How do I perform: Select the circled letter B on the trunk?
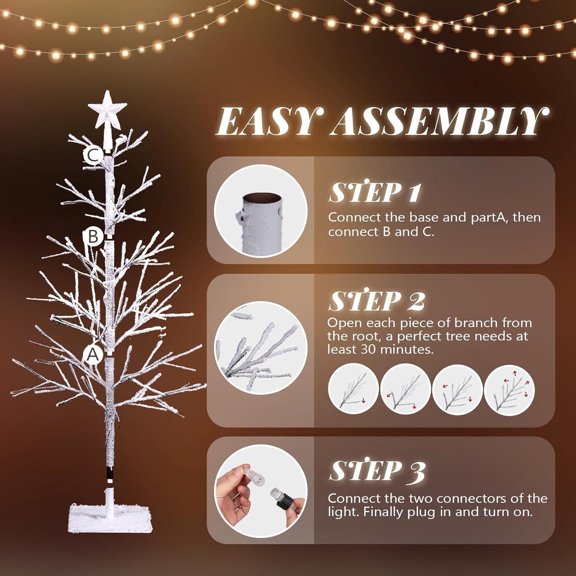[x=93, y=236]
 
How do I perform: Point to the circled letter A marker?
[x=93, y=355]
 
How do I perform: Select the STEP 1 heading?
[x=374, y=192]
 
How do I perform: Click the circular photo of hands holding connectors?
[x=261, y=490]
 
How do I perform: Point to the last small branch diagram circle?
[x=510, y=389]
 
